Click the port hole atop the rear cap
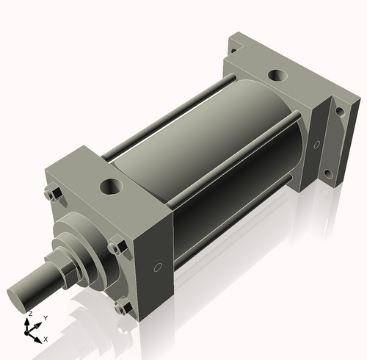click(278, 75)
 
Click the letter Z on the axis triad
click(30, 314)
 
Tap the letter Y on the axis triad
click(45, 317)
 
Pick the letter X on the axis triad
click(46, 339)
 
